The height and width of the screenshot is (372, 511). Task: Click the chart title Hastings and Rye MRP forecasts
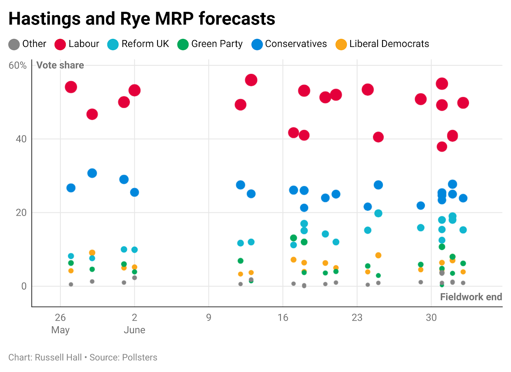click(142, 19)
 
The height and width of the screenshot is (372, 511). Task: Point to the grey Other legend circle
click(14, 44)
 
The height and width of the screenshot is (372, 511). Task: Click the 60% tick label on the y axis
click(18, 65)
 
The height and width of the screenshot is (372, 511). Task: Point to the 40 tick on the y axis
click(21, 139)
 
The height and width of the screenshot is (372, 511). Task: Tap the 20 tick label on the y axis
click(21, 213)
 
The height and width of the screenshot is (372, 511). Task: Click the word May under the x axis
click(60, 330)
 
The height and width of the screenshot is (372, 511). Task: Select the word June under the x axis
click(134, 330)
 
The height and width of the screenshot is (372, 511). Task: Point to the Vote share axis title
click(60, 65)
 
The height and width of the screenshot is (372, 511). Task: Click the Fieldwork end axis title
click(471, 297)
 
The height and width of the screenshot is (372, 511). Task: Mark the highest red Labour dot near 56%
click(251, 80)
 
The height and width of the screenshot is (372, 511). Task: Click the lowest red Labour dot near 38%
click(442, 146)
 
